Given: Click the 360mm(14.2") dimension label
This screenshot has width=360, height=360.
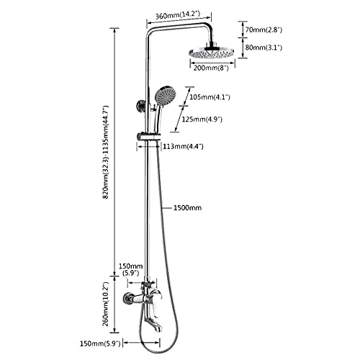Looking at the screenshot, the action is coord(178,15).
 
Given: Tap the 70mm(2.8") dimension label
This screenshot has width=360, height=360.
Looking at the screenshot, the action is coord(264,30).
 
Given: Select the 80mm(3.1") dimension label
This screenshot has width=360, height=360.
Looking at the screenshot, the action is coord(264,48).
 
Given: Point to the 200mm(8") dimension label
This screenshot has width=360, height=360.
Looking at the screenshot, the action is coord(211,68).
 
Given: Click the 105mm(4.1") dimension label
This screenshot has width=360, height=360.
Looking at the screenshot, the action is coord(210,97).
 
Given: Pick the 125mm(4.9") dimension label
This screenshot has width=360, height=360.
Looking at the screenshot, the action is coord(202,119).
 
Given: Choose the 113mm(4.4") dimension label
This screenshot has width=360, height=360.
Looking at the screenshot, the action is coord(183,146).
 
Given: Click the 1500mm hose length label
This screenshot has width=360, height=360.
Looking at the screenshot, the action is coord(187,207).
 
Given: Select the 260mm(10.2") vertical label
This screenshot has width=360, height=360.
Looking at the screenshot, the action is coord(106,304).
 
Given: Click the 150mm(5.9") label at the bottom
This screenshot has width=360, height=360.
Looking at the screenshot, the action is coord(100,343).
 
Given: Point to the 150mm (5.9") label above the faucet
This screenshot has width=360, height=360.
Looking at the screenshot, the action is coord(131,269).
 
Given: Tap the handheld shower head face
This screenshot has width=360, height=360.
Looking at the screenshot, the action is coord(165,97).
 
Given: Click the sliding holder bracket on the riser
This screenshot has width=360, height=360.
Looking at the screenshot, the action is coord(148,136).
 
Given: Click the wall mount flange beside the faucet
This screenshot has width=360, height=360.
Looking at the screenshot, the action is coord(126,297).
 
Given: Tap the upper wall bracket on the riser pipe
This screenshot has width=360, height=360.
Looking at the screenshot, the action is coord(141,107).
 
